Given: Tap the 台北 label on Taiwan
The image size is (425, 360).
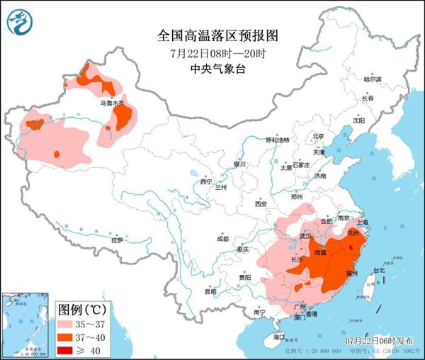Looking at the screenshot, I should [x=378, y=270].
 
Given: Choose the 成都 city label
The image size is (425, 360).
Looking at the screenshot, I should [x=223, y=238].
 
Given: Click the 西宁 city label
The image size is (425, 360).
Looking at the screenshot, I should [x=205, y=181].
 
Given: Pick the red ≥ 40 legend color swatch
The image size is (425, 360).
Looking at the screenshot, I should [x=69, y=350].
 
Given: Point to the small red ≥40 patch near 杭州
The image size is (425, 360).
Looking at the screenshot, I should [x=354, y=249].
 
